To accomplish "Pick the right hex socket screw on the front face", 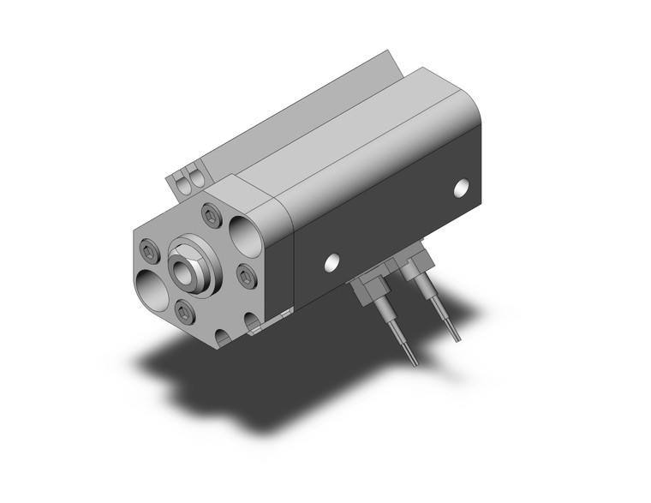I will click(244, 275).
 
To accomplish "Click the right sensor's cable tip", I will click(455, 336).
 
